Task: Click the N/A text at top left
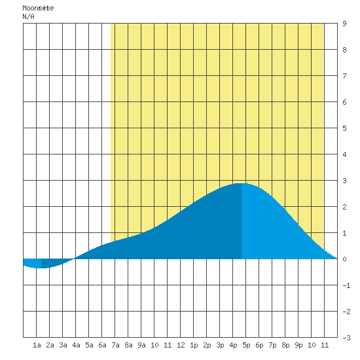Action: click(28, 16)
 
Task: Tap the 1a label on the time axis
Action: click(37, 345)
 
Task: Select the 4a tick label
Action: click(76, 345)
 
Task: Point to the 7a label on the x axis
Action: click(115, 345)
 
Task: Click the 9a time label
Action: click(141, 345)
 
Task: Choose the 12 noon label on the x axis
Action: click(181, 345)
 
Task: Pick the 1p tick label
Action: click(194, 345)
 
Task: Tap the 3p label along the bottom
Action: click(220, 345)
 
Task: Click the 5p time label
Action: click(246, 345)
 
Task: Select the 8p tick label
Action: click(285, 345)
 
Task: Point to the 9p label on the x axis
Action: click(298, 345)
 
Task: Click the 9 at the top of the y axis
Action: click(344, 24)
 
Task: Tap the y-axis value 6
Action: click(344, 102)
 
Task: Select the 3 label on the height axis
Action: click(344, 181)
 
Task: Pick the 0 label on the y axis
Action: click(344, 259)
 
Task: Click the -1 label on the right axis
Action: click(346, 285)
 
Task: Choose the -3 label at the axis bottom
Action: click(346, 338)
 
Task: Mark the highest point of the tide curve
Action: click(241, 183)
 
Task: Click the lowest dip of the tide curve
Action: click(41, 268)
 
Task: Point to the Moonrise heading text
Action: click(38, 8)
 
